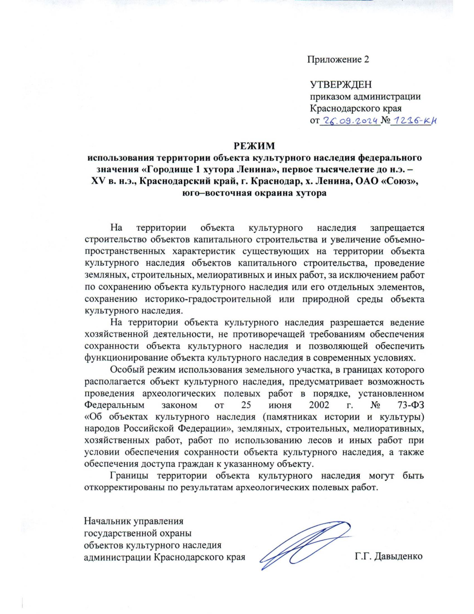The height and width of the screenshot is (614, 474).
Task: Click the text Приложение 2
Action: click(x=338, y=59)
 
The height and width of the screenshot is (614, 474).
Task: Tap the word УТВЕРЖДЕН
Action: click(x=340, y=84)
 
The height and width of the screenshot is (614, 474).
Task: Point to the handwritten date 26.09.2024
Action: click(x=350, y=121)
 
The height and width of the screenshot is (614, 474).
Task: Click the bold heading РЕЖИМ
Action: click(x=254, y=146)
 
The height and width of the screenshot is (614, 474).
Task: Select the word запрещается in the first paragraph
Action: click(x=397, y=228)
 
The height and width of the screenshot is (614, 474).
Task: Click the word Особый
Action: click(x=125, y=370)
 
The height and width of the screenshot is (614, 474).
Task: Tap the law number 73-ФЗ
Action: click(x=411, y=405)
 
